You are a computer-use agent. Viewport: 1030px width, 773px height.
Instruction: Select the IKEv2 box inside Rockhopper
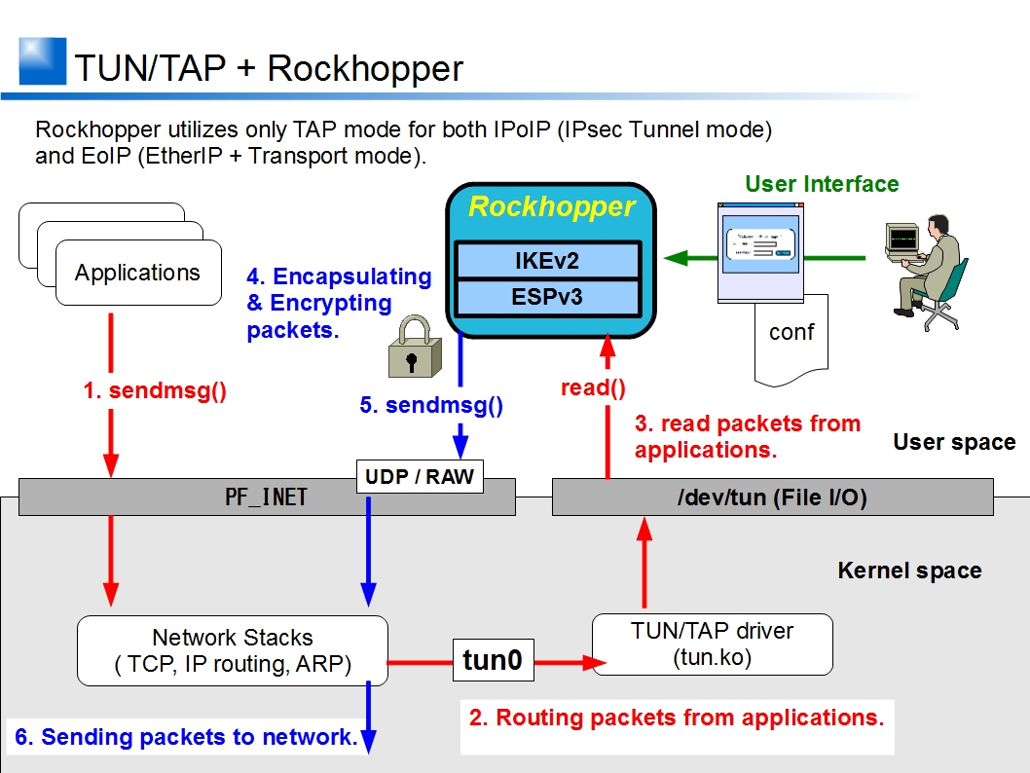[x=548, y=261]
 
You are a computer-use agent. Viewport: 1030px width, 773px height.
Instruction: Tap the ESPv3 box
[x=548, y=296]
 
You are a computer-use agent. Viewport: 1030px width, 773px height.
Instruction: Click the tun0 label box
[x=493, y=661]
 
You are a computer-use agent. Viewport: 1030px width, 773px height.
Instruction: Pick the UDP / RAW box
[x=420, y=476]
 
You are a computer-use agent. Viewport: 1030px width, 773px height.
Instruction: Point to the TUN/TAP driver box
[x=713, y=644]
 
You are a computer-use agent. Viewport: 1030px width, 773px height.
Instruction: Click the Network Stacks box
[x=233, y=651]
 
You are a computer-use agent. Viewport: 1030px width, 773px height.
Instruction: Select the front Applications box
[x=138, y=273]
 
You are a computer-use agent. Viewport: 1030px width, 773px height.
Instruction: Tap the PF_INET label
[x=266, y=497]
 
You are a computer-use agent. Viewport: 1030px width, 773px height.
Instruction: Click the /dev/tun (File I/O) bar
[x=772, y=497]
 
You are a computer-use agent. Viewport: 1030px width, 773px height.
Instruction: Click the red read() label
[x=593, y=387]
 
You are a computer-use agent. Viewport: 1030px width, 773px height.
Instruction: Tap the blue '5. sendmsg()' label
[x=431, y=405]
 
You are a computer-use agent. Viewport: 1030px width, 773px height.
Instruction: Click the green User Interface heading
[x=822, y=184]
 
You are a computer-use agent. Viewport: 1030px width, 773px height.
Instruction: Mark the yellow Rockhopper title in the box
[x=551, y=207]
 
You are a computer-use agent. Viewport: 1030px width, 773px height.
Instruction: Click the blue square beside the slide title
[x=43, y=61]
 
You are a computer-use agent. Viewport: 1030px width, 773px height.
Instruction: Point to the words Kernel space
[x=909, y=571]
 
